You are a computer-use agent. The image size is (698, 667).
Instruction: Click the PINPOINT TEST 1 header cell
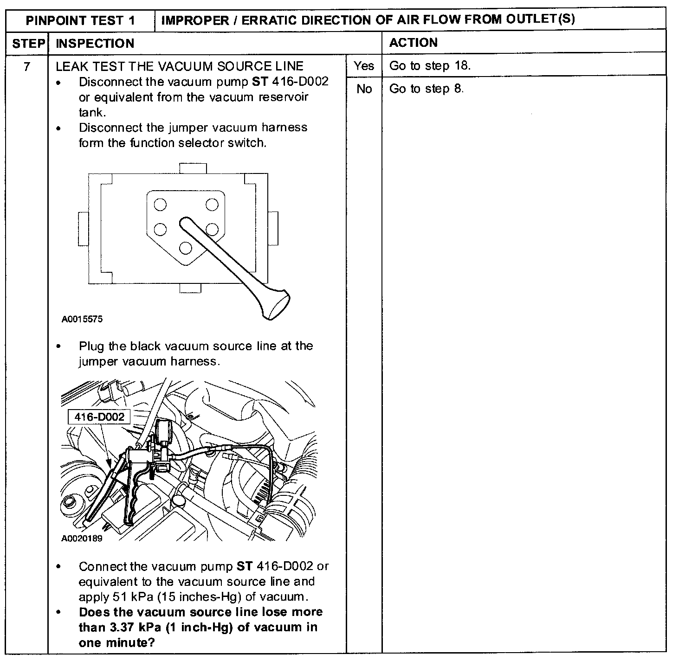pyautogui.click(x=80, y=20)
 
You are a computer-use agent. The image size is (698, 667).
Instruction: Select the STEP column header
pyautogui.click(x=27, y=44)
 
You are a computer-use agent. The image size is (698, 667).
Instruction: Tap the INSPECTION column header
pyautogui.click(x=95, y=44)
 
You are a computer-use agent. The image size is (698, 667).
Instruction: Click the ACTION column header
pyautogui.click(x=413, y=43)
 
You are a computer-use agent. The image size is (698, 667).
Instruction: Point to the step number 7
pyautogui.click(x=27, y=66)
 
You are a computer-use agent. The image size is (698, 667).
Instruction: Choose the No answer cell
pyautogui.click(x=364, y=89)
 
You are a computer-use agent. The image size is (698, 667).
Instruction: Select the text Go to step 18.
pyautogui.click(x=430, y=66)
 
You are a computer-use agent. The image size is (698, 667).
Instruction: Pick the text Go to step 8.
pyautogui.click(x=426, y=89)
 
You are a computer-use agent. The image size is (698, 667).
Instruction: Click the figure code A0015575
pyautogui.click(x=82, y=319)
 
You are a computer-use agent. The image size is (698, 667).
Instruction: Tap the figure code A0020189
pyautogui.click(x=82, y=539)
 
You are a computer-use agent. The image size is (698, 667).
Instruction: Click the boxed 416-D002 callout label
pyautogui.click(x=99, y=417)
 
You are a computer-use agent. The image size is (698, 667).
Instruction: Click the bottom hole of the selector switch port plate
pyautogui.click(x=185, y=248)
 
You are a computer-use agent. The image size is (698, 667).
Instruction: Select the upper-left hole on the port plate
pyautogui.click(x=160, y=205)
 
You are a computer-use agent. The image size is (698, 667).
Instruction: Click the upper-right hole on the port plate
pyautogui.click(x=212, y=204)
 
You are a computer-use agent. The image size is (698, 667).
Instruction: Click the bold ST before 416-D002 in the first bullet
pyautogui.click(x=260, y=82)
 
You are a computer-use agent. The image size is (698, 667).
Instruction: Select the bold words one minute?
pyautogui.click(x=116, y=642)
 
